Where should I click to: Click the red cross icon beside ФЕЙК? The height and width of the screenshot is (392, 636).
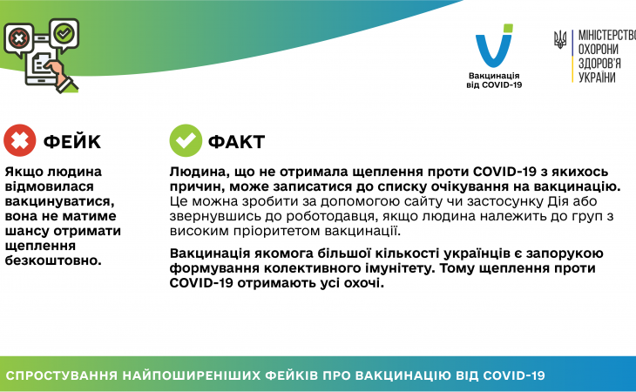(x=20, y=140)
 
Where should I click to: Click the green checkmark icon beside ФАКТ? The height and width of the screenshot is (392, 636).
(x=186, y=140)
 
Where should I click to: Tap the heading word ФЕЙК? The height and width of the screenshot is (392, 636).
(x=71, y=141)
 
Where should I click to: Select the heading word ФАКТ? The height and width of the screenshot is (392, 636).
(x=236, y=141)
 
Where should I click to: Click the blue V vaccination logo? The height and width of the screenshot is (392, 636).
(x=494, y=45)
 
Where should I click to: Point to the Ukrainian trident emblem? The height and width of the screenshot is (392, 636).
(x=560, y=40)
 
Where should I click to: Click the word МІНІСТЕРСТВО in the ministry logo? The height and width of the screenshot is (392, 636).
(x=607, y=35)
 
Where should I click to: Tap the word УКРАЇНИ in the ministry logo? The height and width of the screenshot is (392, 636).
(x=597, y=78)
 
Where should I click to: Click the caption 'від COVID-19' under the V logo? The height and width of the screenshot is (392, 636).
(x=494, y=85)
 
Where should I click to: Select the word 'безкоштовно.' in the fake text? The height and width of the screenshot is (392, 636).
(x=53, y=260)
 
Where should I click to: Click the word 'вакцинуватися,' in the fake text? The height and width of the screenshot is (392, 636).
(x=59, y=201)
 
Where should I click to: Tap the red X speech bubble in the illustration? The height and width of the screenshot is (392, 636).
(x=18, y=40)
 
